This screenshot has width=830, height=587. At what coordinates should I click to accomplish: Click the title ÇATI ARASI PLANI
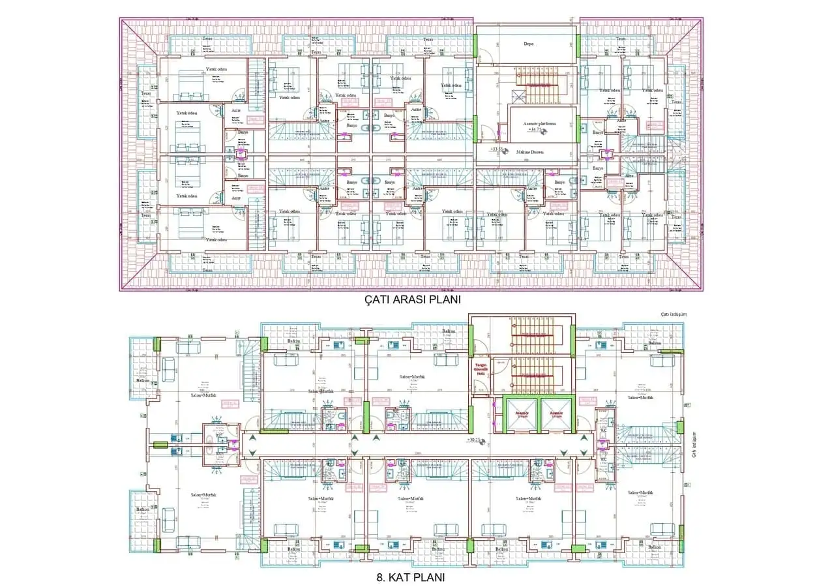(x=413, y=300)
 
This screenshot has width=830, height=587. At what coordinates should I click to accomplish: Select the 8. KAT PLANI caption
(x=411, y=577)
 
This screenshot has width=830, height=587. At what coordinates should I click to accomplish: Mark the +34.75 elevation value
(x=536, y=130)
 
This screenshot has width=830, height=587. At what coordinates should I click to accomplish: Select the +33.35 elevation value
(x=499, y=149)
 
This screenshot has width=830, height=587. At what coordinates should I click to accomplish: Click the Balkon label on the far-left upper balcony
(x=143, y=380)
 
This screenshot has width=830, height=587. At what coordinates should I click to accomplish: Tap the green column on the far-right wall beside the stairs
(x=679, y=428)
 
